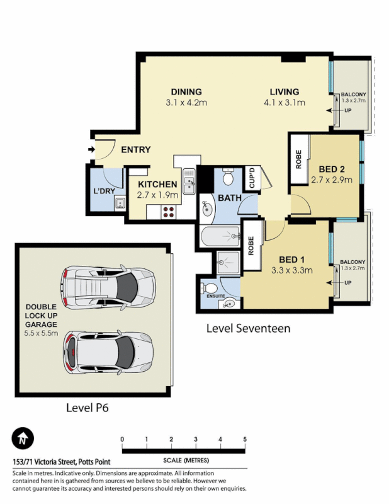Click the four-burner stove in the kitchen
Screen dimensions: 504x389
[169, 212]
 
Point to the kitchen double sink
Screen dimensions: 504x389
[189, 183]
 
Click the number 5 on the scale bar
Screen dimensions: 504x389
[245, 439]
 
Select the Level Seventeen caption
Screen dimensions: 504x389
[249, 328]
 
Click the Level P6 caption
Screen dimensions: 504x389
[87, 408]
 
